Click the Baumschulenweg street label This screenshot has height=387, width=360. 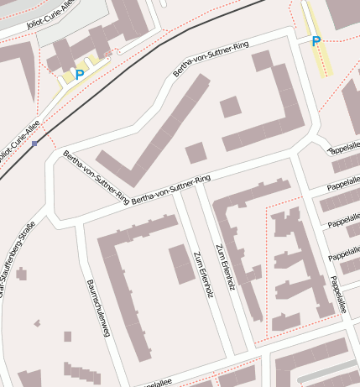tap(97, 308)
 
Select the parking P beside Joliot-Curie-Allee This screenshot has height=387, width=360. tap(80, 75)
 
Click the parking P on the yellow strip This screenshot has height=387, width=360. tap(316, 41)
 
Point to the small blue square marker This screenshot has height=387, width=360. tap(34, 144)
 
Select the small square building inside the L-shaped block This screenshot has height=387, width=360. tap(231, 107)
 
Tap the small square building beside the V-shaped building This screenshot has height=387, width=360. tap(196, 152)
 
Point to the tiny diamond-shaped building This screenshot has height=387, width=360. tap(37, 322)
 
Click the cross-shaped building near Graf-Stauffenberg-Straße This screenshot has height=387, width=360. tap(21, 274)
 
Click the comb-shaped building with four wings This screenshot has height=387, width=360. tap(294, 269)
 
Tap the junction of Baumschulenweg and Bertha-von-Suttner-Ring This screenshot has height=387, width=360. tap(80, 225)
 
